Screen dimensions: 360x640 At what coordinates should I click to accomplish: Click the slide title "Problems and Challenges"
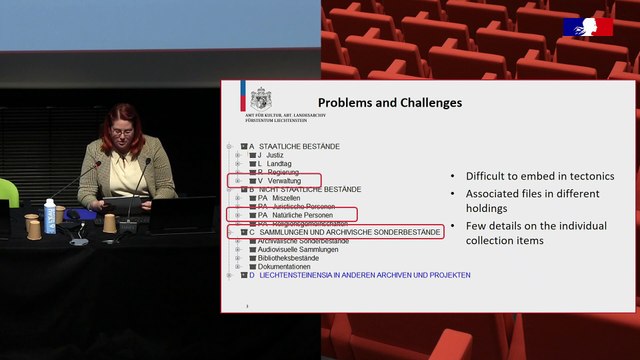[x=390, y=103]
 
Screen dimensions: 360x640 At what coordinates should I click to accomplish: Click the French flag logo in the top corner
[x=589, y=27]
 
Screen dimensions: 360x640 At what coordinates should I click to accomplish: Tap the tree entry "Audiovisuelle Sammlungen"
[x=297, y=249]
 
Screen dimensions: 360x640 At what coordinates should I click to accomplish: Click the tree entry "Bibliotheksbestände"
[x=289, y=258]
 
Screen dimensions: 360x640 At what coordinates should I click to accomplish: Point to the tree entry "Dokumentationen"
[x=284, y=267]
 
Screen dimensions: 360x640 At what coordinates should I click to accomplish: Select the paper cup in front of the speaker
[x=109, y=223]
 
